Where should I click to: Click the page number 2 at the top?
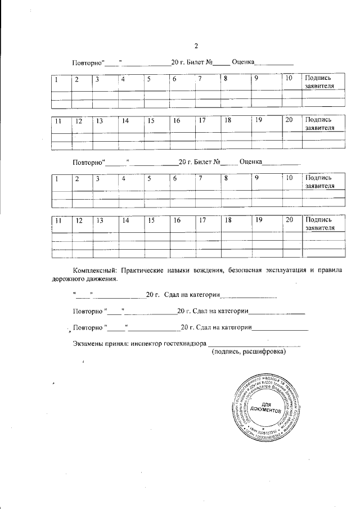click(x=196, y=46)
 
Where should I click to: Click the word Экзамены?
click(x=88, y=344)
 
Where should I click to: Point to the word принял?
click(x=117, y=344)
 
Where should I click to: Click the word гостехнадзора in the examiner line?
click(x=183, y=344)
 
